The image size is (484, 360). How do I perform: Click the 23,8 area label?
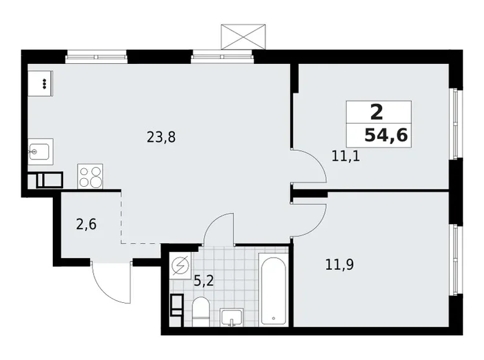[161, 138]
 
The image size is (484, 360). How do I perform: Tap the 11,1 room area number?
[346, 156]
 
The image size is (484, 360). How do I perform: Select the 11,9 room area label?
[339, 265]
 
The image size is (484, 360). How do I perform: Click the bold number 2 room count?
[376, 112]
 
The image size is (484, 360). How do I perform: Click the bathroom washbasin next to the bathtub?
[234, 317]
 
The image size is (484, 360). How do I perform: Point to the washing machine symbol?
[181, 266]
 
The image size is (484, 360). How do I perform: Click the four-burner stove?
[90, 176]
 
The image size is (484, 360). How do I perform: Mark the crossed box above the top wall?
[244, 36]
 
